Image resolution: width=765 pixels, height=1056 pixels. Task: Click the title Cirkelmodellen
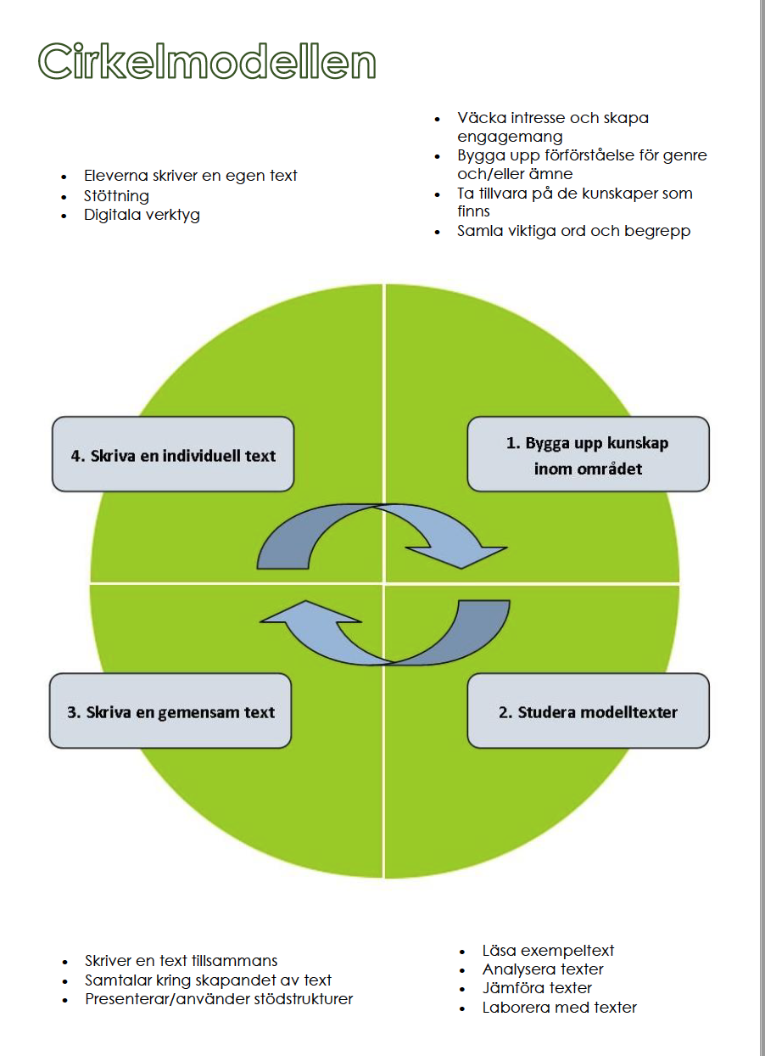tap(207, 61)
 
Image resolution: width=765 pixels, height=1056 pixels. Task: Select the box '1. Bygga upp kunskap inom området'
tap(588, 454)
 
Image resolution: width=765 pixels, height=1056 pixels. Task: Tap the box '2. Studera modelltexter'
tap(588, 711)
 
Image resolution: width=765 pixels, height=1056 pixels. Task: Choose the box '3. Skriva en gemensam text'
tap(170, 711)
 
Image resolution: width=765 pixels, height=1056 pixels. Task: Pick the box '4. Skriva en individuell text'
tap(173, 454)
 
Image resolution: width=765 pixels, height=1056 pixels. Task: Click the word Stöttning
tap(116, 195)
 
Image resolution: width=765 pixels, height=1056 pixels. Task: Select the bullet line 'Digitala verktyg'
tap(142, 215)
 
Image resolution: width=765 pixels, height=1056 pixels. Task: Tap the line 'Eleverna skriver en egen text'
tap(190, 176)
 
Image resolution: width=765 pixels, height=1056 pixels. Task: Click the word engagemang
tap(510, 137)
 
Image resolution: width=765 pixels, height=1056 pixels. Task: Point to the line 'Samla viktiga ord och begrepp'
tap(573, 231)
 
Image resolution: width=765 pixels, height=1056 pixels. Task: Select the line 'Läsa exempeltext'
tap(548, 951)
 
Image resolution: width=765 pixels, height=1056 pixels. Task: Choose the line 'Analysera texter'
tap(543, 969)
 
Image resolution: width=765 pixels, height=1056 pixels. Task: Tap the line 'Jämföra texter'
tap(537, 987)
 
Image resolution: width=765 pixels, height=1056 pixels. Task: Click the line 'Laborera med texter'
tap(559, 1008)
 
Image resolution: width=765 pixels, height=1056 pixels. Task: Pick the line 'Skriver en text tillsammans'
tap(181, 961)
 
